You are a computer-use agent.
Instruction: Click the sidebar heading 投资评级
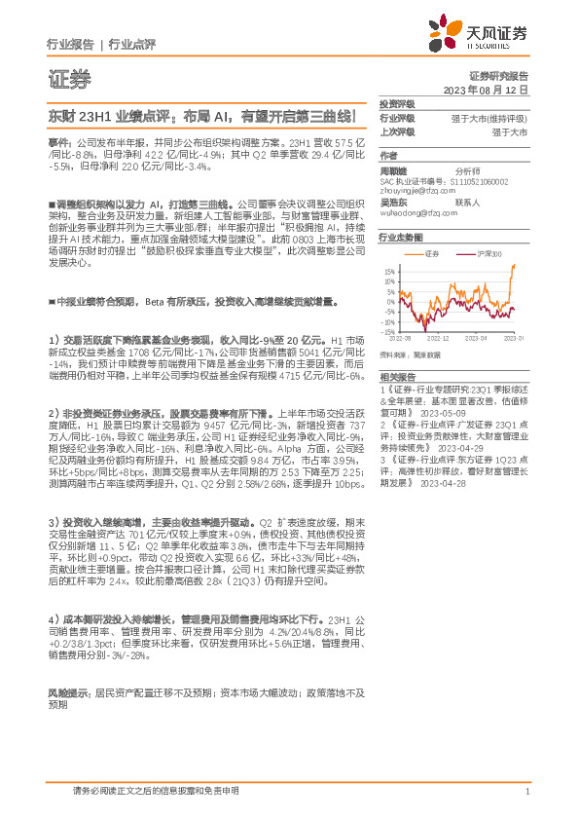pyautogui.click(x=397, y=102)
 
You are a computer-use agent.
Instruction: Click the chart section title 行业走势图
pyautogui.click(x=401, y=237)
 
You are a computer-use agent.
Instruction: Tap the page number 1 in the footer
pyautogui.click(x=526, y=793)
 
